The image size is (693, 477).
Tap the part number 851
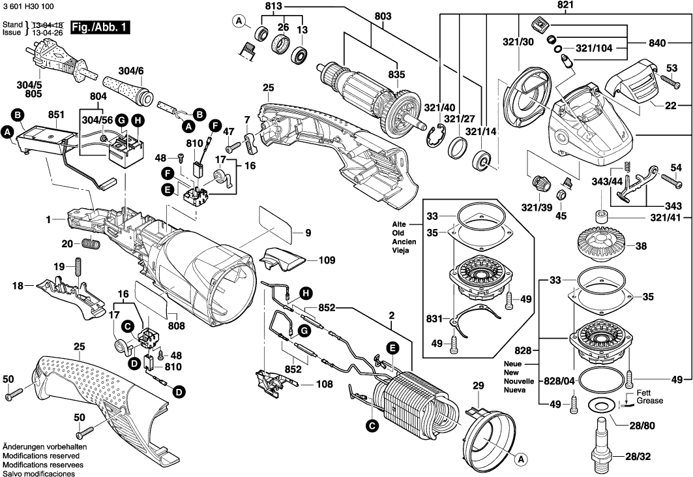point(56,114)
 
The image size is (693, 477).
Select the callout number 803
point(383,15)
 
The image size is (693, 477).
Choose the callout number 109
point(327,260)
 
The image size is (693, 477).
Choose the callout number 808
point(176,324)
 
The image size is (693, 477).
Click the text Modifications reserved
point(41,455)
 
